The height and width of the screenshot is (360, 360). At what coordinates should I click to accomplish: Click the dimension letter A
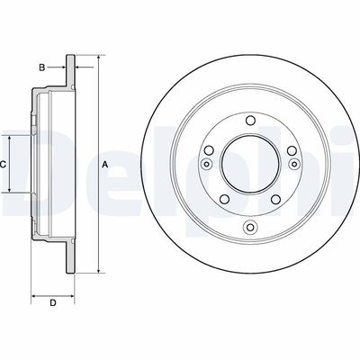[105, 165]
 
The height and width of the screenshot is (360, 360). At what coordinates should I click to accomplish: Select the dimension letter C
[4, 165]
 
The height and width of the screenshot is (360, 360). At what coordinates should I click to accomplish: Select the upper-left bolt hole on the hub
[209, 151]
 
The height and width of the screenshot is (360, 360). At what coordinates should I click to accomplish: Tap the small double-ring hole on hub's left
[206, 165]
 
